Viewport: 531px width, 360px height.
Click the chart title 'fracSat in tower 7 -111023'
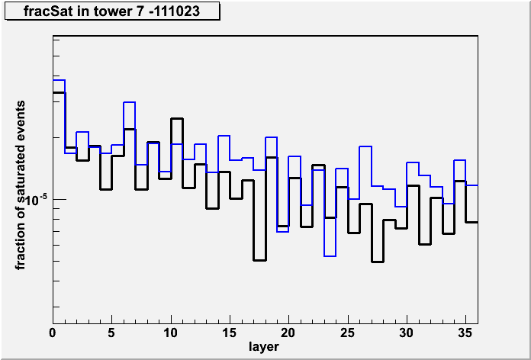coord(111,11)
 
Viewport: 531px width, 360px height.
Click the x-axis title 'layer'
coord(264,346)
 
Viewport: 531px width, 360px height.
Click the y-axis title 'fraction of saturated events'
coord(21,185)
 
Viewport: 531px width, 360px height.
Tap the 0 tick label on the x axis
coord(53,333)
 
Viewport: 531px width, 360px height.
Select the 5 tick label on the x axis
coord(111,333)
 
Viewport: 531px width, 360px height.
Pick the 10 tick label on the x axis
coord(171,333)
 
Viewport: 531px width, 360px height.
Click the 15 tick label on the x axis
coord(230,333)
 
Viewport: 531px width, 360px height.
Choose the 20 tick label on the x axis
coord(288,333)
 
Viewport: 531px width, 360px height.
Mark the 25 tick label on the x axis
coord(347,333)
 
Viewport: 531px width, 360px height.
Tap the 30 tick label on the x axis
coord(407,333)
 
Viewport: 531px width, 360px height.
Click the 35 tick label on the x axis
coord(465,333)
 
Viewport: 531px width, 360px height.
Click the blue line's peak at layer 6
coord(130,102)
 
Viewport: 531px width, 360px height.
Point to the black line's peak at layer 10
coord(177,118)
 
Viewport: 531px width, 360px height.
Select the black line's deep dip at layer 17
coord(259,260)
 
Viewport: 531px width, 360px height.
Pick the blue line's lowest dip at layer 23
coord(330,256)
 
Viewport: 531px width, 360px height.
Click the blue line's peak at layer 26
coord(365,146)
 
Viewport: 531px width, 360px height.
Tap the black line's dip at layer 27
coord(377,262)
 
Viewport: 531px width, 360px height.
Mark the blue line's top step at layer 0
coord(59,80)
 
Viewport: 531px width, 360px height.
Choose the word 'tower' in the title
coord(127,12)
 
